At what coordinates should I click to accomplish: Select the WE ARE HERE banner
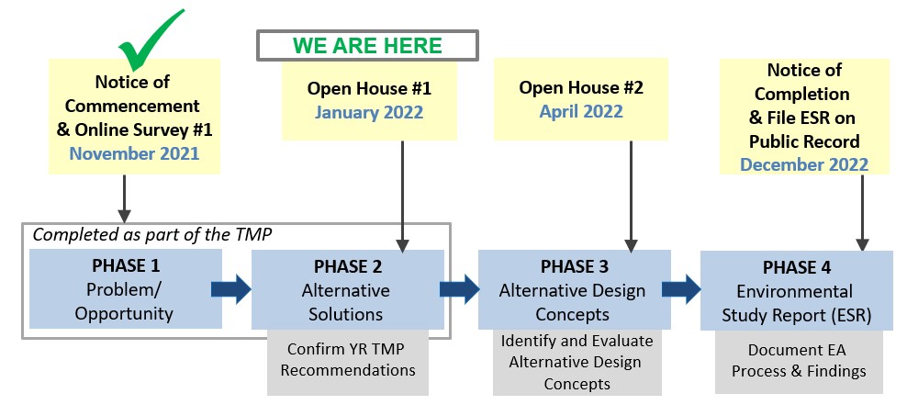(x=367, y=45)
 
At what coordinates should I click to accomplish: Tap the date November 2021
(x=133, y=152)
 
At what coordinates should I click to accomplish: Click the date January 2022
(x=369, y=113)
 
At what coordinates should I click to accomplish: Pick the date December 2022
(x=803, y=164)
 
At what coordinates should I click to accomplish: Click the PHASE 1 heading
(x=126, y=265)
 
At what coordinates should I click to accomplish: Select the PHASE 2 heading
(x=347, y=266)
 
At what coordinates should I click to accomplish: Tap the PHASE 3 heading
(x=574, y=266)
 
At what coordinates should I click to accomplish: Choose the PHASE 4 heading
(x=796, y=267)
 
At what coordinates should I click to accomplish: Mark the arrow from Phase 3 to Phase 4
(x=682, y=290)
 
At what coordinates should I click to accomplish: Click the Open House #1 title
(x=369, y=89)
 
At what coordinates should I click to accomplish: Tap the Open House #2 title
(x=582, y=87)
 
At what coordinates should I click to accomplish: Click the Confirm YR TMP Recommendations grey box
(x=348, y=360)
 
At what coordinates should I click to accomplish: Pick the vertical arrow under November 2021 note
(x=124, y=195)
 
